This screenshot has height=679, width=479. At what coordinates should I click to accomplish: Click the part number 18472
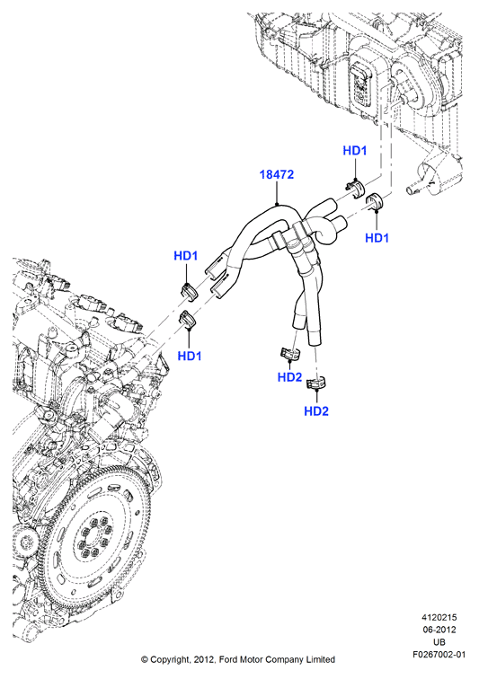coord(277,174)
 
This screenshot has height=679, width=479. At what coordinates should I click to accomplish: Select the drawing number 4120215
coord(439,618)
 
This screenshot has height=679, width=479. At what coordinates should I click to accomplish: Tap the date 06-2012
coord(439,630)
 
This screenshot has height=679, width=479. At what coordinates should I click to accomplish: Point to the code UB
coord(439,642)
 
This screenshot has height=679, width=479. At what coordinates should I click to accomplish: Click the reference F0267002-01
coord(439,655)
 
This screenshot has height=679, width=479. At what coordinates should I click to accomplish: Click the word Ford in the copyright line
coord(229,659)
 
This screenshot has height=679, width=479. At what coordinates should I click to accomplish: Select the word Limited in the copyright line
coord(319,659)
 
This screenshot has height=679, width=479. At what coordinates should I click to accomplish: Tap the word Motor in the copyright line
coord(252,659)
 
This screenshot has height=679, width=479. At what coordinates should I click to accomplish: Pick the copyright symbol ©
coord(145,660)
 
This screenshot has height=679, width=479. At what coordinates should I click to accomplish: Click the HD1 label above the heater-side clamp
coord(355,151)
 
